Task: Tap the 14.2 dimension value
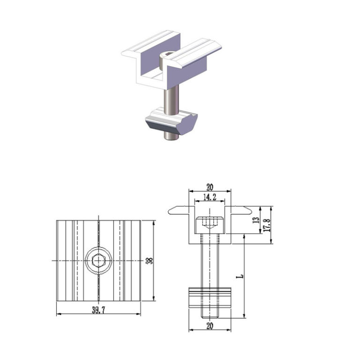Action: (x=210, y=197)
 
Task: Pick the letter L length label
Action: (x=240, y=277)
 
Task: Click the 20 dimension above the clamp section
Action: (x=210, y=187)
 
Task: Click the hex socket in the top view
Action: (x=98, y=260)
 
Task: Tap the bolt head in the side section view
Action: (x=210, y=224)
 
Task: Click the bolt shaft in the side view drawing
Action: (x=210, y=262)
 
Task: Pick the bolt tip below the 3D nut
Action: (x=171, y=136)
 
